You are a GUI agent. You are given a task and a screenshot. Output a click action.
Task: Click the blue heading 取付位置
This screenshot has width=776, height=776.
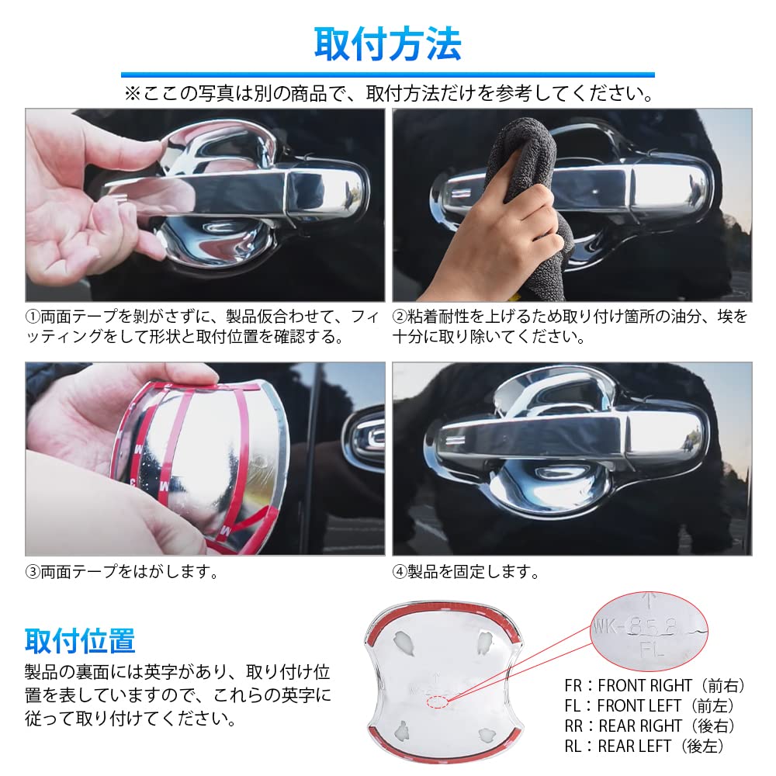pyautogui.click(x=80, y=641)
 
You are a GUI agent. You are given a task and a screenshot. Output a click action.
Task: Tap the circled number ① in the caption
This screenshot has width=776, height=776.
pyautogui.click(x=33, y=317)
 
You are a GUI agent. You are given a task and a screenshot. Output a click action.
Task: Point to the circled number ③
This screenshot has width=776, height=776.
pyautogui.click(x=33, y=573)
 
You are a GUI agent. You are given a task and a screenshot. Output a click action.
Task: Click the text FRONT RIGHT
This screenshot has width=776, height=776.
pyautogui.click(x=645, y=686)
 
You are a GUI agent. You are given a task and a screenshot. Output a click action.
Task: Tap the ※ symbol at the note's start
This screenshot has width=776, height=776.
pyautogui.click(x=130, y=94)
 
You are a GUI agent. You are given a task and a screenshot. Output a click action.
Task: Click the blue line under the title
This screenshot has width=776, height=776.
pyautogui.click(x=387, y=75)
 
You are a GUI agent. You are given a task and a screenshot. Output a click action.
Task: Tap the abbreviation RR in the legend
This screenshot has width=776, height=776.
pyautogui.click(x=574, y=726)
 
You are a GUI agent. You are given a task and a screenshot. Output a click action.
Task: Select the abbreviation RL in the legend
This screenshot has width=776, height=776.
pyautogui.click(x=574, y=747)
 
